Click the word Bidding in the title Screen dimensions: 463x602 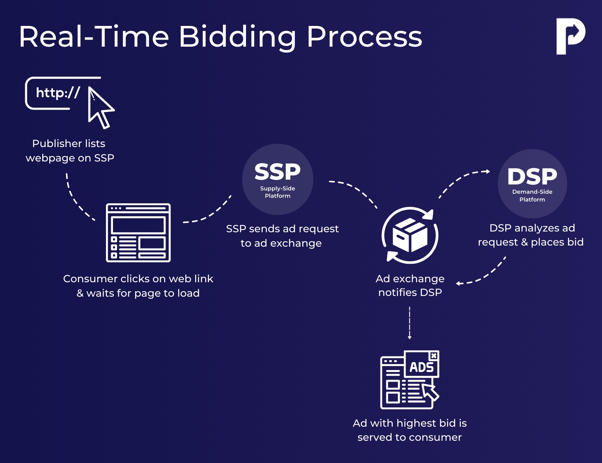237,37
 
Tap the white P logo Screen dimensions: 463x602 570,36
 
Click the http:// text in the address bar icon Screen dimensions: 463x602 58,93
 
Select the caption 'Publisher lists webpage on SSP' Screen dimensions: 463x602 69,151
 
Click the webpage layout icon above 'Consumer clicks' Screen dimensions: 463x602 138,233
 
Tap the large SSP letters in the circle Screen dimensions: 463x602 277,172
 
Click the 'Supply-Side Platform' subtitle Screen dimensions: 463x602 277,192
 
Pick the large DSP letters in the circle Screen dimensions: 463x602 532,177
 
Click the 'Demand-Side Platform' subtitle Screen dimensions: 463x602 532,196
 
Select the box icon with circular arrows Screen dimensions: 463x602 410,235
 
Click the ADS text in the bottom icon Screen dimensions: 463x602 421,367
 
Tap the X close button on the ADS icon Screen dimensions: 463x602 434,356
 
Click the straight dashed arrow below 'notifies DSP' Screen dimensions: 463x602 409,322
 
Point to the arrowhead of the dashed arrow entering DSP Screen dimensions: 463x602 488,171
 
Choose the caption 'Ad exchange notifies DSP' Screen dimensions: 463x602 410,286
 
